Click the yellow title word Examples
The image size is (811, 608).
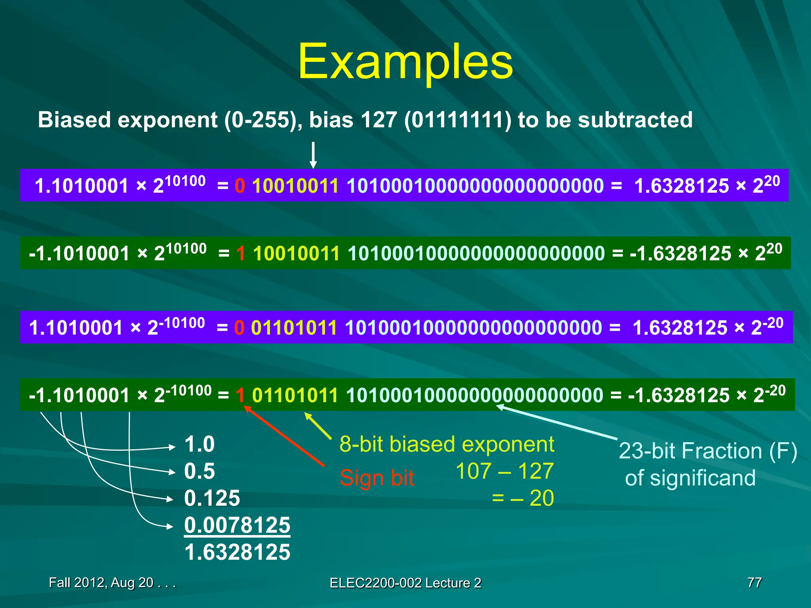(x=405, y=63)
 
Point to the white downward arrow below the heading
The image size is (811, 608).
(x=313, y=155)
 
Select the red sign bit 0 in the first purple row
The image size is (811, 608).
(x=240, y=186)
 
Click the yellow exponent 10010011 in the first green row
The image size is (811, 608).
(x=296, y=254)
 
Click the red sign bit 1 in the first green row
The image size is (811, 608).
(x=240, y=254)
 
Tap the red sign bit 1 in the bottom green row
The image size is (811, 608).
(x=240, y=395)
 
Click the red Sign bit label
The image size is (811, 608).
(x=377, y=478)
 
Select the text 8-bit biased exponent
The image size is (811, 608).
(x=447, y=444)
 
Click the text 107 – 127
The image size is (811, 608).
(x=504, y=471)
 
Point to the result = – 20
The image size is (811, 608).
(x=523, y=498)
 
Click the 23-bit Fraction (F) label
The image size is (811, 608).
(x=708, y=451)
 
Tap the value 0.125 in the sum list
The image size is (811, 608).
(x=212, y=498)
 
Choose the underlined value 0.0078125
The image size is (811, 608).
(x=237, y=525)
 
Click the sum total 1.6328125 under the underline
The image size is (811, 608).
(x=237, y=552)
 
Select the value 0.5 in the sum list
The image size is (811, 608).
(x=199, y=471)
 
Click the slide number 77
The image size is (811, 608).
(x=754, y=582)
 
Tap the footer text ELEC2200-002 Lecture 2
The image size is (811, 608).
(x=405, y=583)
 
